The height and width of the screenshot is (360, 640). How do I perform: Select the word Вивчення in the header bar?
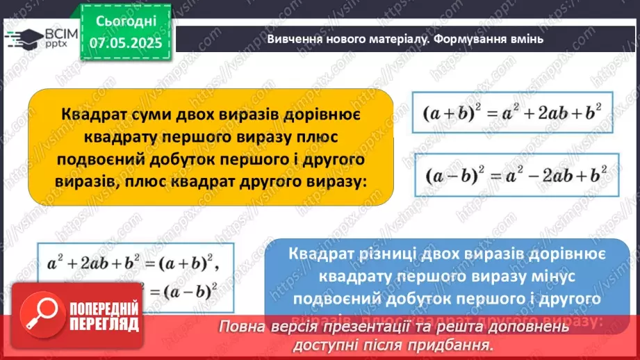pos(293,39)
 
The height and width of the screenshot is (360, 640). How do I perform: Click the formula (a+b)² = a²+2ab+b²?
pos(512,113)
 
